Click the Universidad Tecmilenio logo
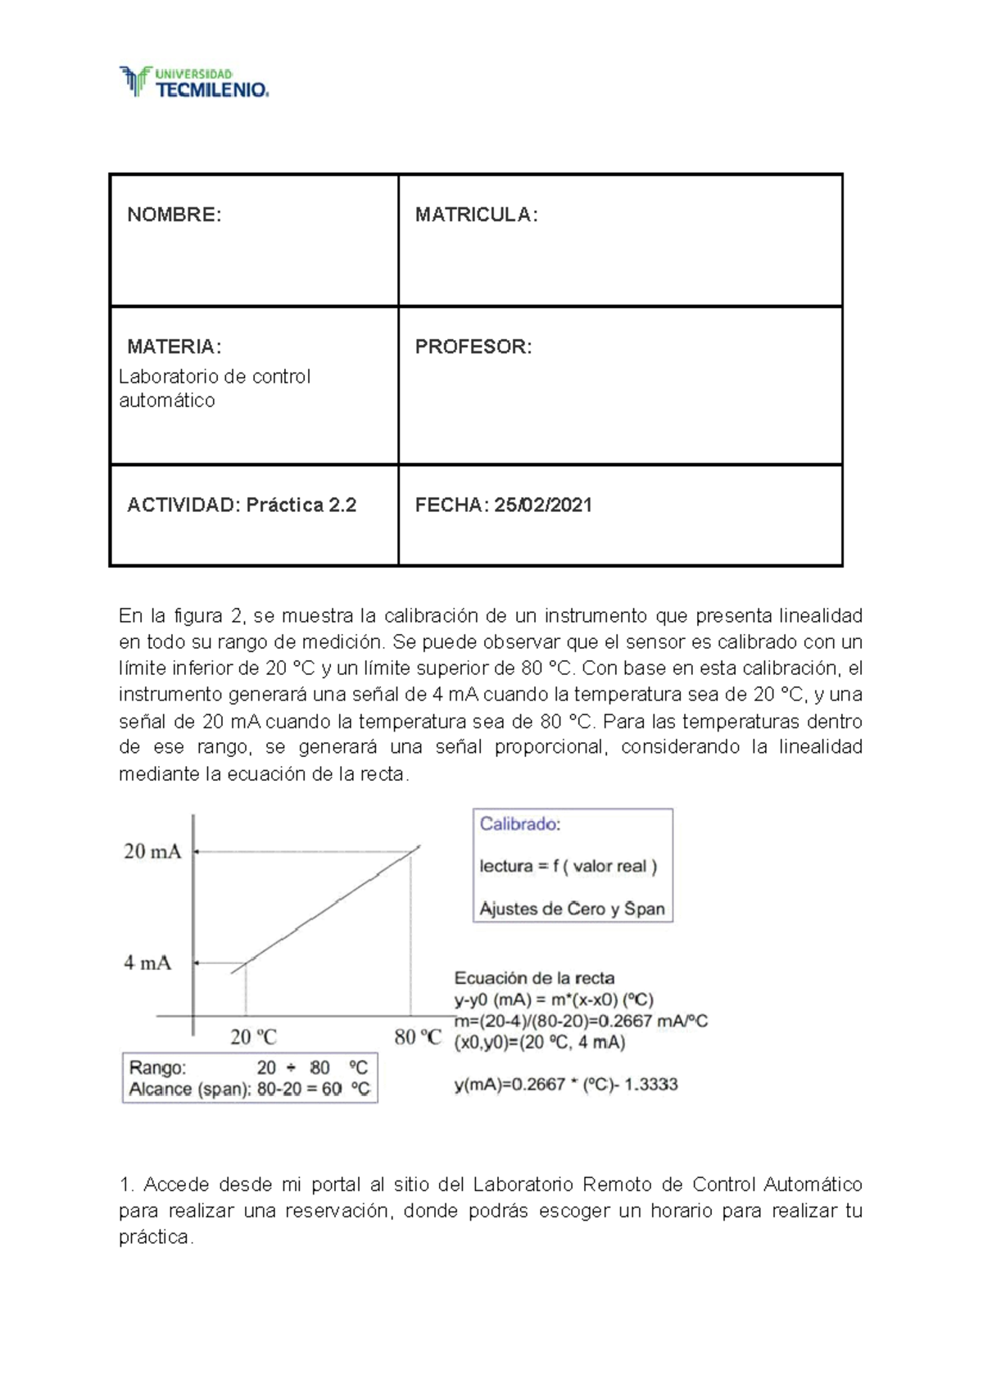tap(194, 82)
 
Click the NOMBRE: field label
tap(174, 215)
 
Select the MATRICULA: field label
tap(476, 215)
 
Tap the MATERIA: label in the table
tap(174, 347)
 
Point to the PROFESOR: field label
tap(473, 347)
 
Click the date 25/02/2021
tap(542, 505)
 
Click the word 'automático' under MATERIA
tap(167, 401)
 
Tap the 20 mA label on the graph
tap(152, 852)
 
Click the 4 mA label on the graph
tap(147, 963)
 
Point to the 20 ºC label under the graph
tap(253, 1037)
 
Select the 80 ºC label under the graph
tap(418, 1037)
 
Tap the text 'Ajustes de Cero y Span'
tap(572, 908)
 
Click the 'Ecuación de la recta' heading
tap(534, 977)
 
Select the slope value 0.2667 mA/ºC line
tap(581, 1021)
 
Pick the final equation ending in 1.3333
tap(566, 1085)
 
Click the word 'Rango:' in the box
tap(158, 1067)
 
